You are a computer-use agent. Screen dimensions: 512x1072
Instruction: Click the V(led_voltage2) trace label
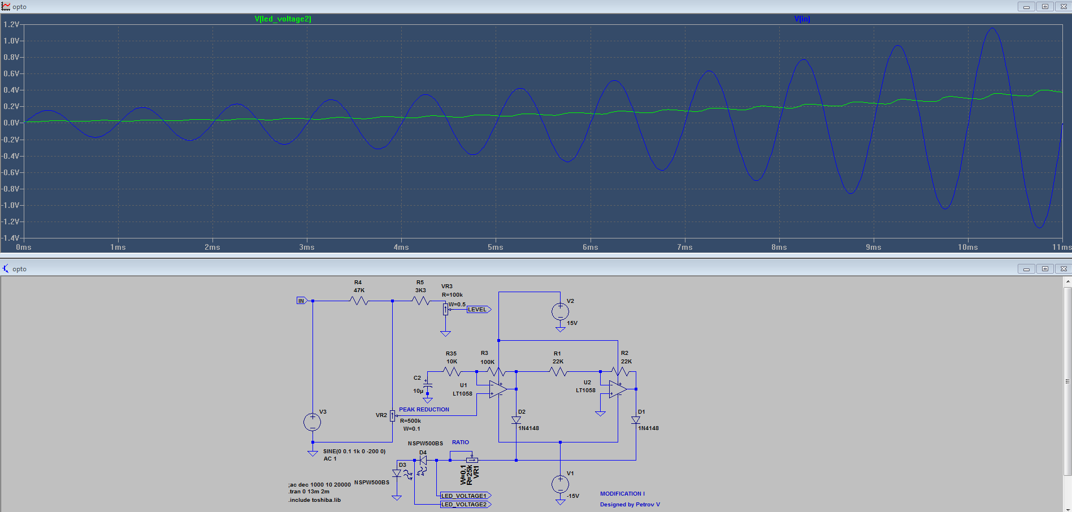(283, 19)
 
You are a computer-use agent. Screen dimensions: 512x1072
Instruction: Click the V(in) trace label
(802, 19)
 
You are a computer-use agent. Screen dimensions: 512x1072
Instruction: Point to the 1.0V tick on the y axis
(11, 41)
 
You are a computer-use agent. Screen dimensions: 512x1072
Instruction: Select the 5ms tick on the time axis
(496, 247)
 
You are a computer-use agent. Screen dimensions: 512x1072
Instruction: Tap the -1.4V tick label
(10, 238)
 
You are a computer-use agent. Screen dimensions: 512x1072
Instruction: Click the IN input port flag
(301, 301)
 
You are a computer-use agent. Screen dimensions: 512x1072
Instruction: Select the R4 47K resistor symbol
(359, 301)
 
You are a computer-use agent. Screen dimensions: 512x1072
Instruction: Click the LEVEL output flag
(478, 309)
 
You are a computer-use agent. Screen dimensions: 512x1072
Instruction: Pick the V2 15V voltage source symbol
(560, 311)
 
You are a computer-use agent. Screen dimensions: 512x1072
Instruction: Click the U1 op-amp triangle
(497, 389)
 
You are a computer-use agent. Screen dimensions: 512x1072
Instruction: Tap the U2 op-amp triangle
(618, 389)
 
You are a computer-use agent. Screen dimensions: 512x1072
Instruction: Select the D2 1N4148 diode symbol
(516, 420)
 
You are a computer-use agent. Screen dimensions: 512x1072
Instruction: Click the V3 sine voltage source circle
(313, 422)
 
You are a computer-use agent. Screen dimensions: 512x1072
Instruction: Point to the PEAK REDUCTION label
(424, 409)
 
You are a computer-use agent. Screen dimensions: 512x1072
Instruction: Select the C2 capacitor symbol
(428, 385)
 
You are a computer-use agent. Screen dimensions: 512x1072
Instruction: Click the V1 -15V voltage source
(560, 484)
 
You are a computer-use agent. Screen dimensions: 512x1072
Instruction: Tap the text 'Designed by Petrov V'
(630, 504)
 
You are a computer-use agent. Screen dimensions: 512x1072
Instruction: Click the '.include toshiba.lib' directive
(315, 500)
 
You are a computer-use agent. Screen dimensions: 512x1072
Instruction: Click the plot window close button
(1064, 7)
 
